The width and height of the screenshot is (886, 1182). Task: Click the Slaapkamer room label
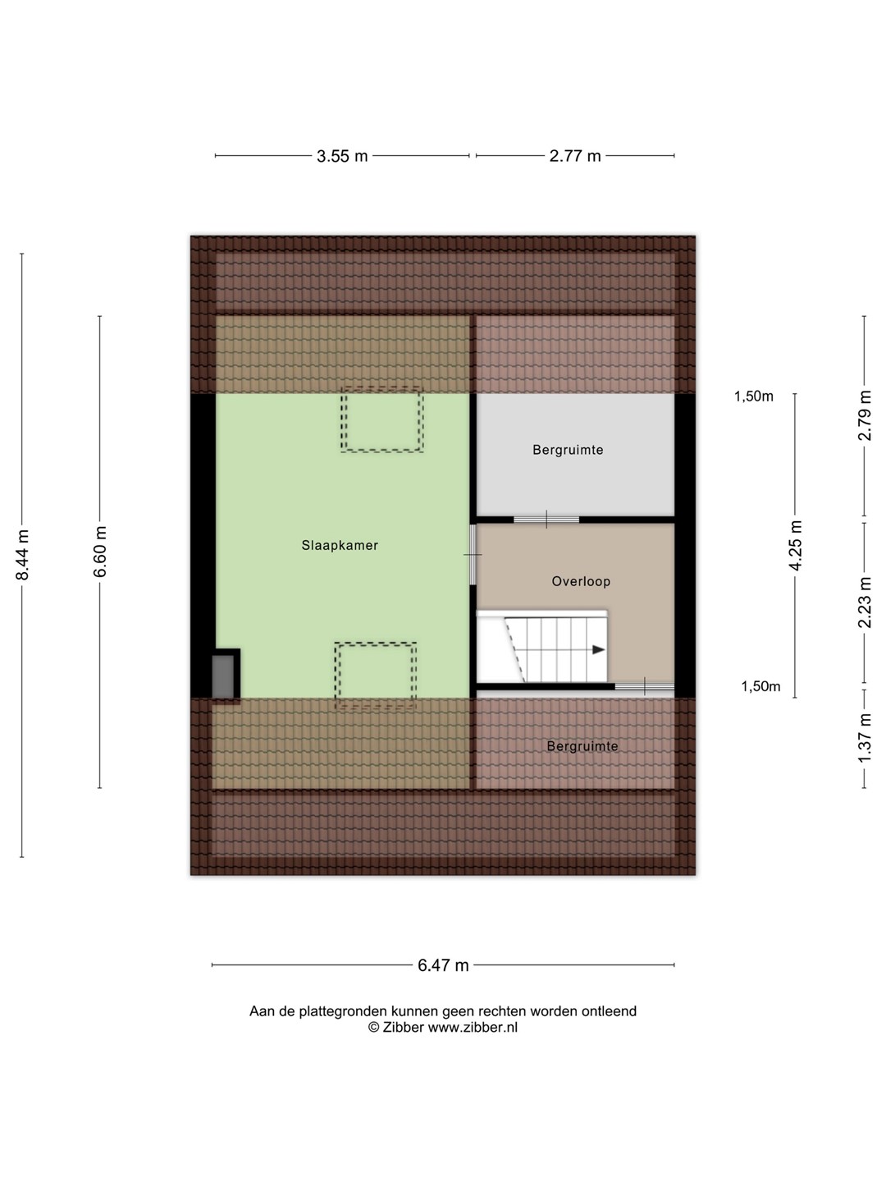(x=340, y=546)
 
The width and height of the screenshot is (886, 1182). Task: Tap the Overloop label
(x=581, y=582)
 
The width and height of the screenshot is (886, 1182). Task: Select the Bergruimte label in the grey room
(x=568, y=450)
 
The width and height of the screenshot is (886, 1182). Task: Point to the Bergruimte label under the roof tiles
(x=582, y=746)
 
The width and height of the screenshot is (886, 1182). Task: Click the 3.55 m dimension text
(x=342, y=156)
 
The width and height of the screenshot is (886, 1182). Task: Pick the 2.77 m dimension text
(x=575, y=156)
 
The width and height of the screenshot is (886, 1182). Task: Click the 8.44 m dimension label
(x=23, y=555)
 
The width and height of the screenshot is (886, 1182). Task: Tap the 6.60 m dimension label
(x=101, y=552)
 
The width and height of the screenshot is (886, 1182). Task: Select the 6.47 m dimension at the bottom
(x=443, y=965)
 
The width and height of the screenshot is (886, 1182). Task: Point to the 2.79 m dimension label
(x=864, y=415)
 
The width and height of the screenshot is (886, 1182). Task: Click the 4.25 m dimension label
(x=795, y=545)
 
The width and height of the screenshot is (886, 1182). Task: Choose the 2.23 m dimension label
(x=864, y=602)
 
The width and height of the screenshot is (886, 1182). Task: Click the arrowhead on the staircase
(x=598, y=650)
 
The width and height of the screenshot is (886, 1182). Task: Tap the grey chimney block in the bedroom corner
(x=222, y=676)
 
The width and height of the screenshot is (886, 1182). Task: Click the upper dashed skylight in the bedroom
(x=382, y=420)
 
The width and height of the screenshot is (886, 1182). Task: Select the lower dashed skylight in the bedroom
(x=376, y=676)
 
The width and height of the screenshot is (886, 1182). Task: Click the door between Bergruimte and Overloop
(x=546, y=520)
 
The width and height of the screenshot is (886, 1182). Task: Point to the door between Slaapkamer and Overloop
(x=473, y=554)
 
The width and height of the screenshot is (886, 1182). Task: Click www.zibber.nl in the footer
(x=473, y=1027)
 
